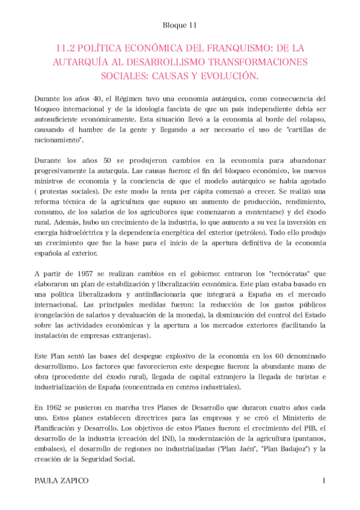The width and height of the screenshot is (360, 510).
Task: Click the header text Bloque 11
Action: [x=180, y=25]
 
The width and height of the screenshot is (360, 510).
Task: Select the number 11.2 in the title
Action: [x=64, y=47]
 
